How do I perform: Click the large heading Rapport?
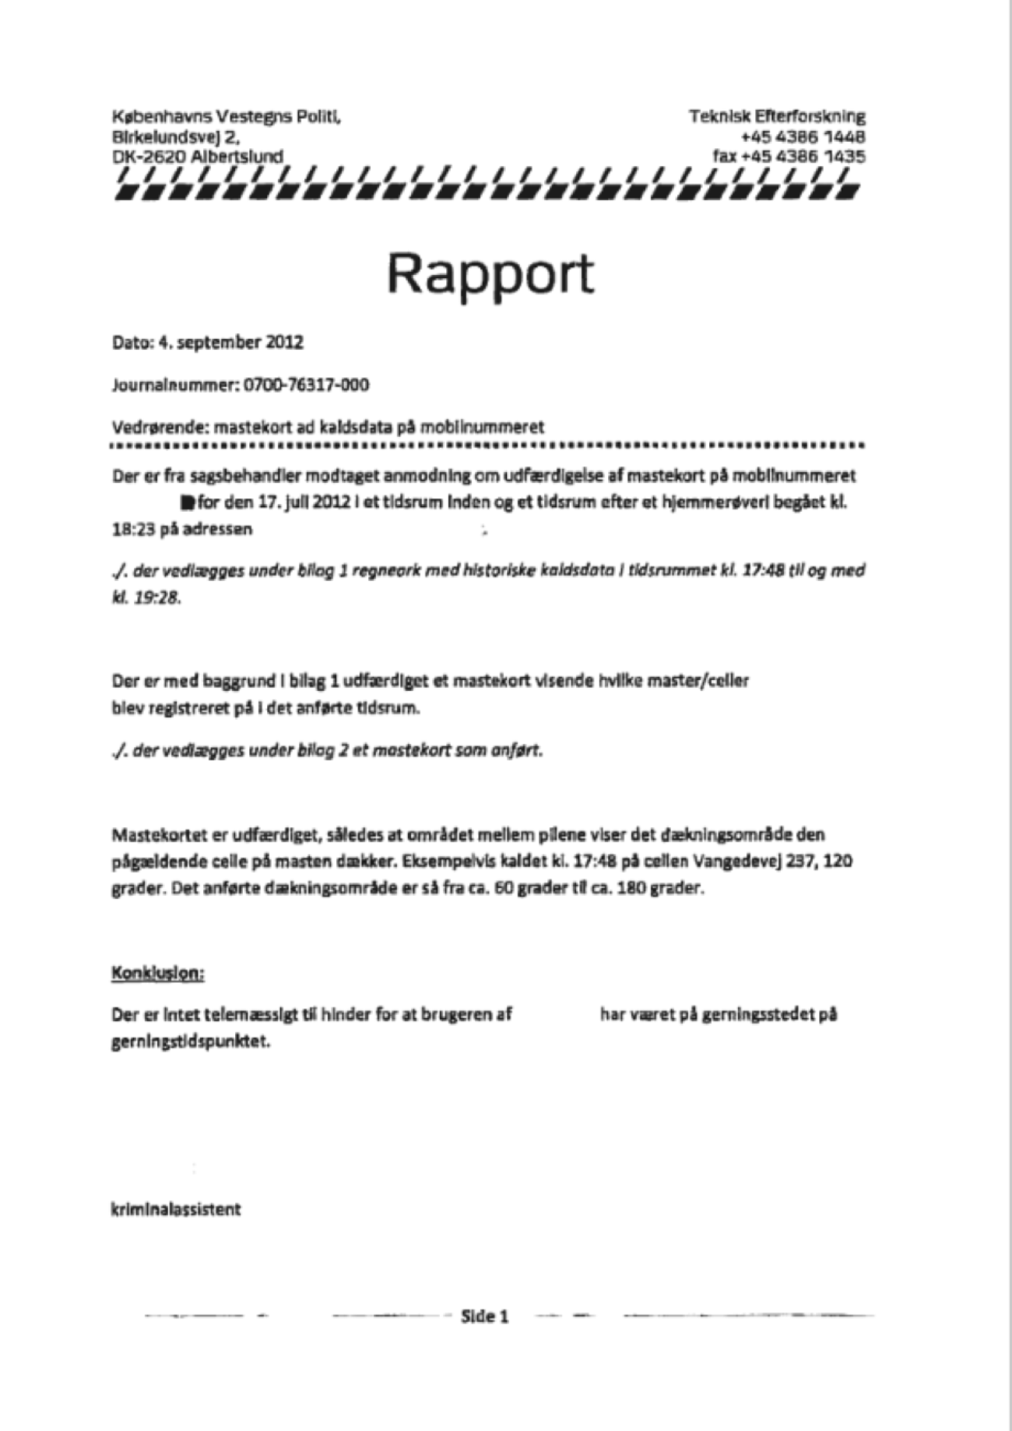pos(490,274)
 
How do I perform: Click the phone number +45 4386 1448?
pos(803,136)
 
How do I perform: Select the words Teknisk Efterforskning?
pos(776,117)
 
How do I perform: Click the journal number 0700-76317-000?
pos(307,385)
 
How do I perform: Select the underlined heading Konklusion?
pos(158,973)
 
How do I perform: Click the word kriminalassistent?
pos(176,1210)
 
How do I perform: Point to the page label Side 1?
pos(484,1316)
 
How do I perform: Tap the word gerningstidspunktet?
pos(191,1042)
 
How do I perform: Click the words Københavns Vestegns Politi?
pos(226,117)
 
